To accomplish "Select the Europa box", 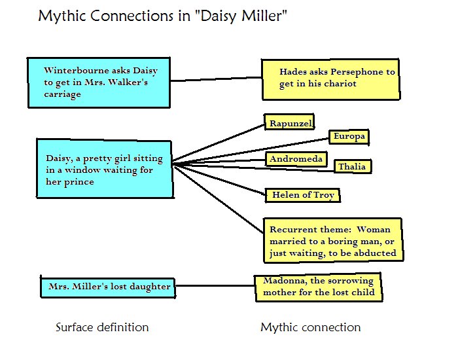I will [348, 137].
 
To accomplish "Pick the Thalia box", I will [352, 167].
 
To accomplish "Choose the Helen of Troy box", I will [303, 195].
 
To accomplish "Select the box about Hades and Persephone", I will [330, 79].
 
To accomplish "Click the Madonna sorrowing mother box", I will [319, 287].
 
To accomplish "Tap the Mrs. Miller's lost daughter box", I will [109, 287].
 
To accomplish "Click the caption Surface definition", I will [102, 327].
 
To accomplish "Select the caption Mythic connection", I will [311, 327].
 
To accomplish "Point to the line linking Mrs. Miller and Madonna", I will [215, 286].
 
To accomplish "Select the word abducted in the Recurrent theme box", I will [375, 253].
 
